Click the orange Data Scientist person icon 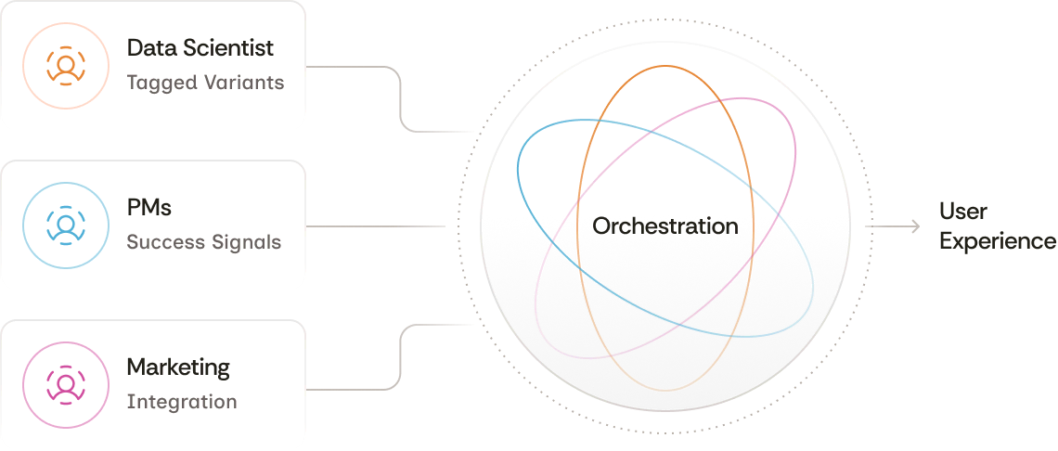point(66,65)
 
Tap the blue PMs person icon point(66,225)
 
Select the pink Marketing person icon point(66,384)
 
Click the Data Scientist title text point(200,47)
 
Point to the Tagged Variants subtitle point(205,83)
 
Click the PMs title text point(149,207)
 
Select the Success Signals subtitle point(203,242)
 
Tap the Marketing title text point(178,367)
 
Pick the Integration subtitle point(182,402)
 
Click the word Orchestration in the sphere point(665,225)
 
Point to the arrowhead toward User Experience point(915,225)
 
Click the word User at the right point(962,211)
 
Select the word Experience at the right point(998,241)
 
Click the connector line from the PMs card point(376,225)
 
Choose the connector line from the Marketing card point(399,357)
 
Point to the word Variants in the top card point(244,83)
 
